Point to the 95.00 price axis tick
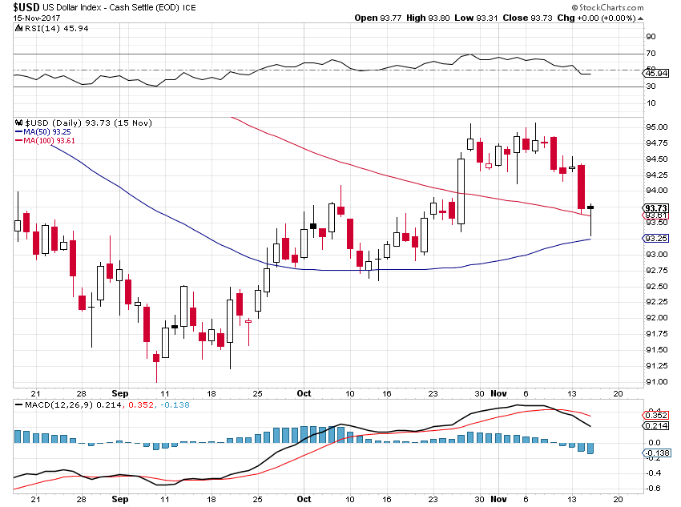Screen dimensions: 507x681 656,127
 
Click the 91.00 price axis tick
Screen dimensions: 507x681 656,381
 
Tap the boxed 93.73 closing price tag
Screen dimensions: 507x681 656,207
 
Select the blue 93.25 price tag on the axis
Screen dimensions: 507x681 656,239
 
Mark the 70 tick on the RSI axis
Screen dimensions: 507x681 651,54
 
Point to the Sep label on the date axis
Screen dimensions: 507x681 119,394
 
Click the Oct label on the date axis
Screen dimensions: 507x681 304,394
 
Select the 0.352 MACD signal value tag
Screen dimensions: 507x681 656,415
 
